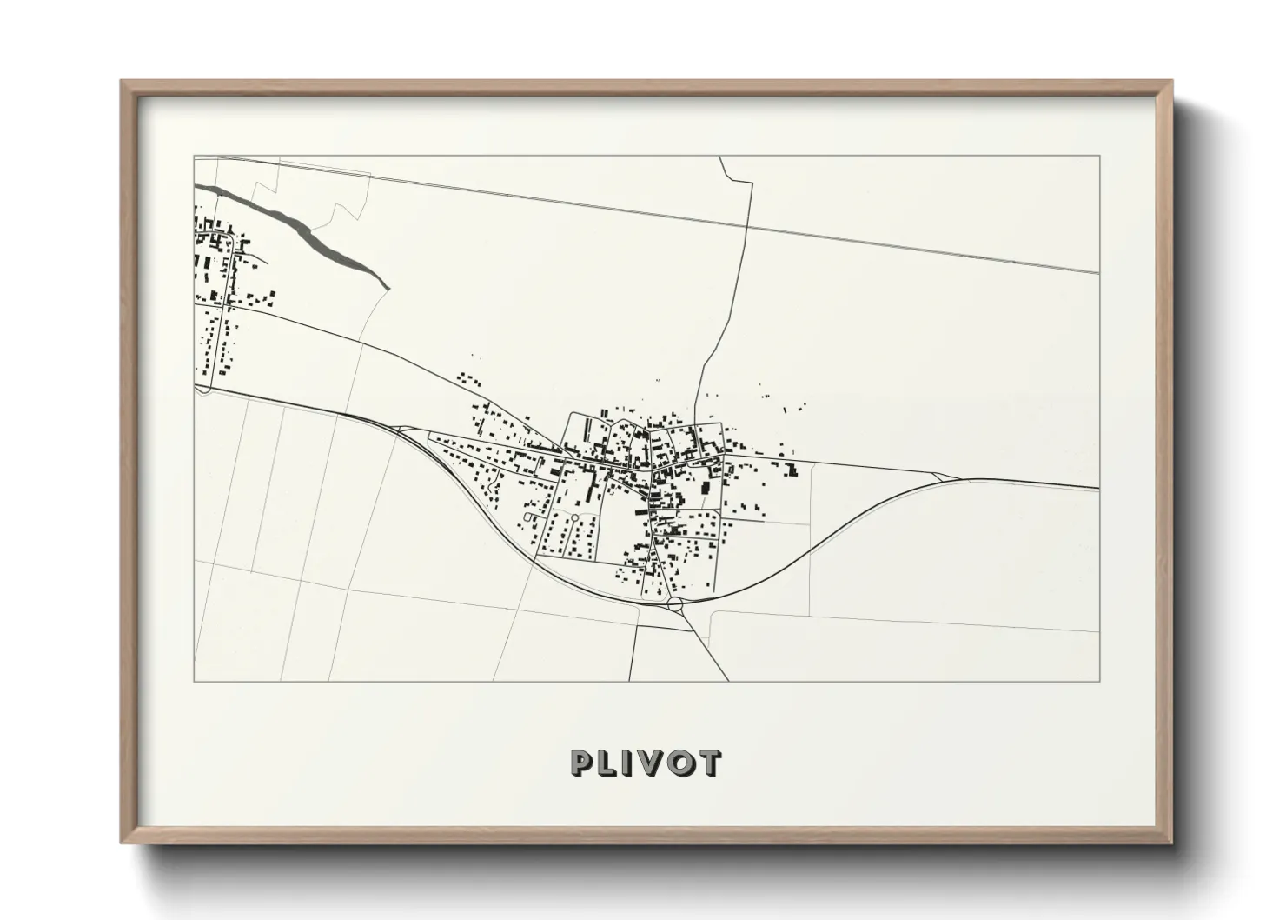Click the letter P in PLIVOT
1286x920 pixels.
coord(580,763)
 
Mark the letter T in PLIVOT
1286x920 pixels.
coord(709,763)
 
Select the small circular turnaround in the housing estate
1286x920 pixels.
coord(574,519)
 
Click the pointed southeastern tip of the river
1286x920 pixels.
coord(387,286)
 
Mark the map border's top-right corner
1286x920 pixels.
coord(1099,156)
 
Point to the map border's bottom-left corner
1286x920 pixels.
coord(194,681)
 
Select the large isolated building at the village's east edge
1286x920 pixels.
coord(791,470)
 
